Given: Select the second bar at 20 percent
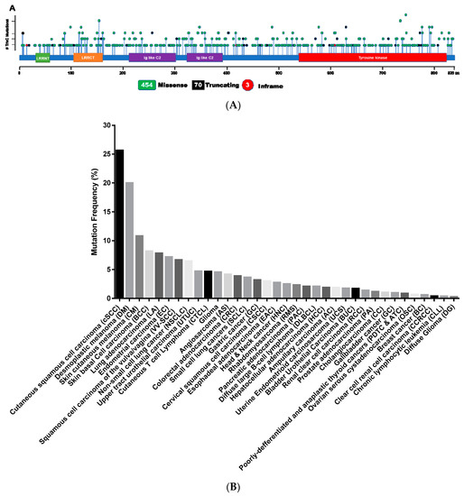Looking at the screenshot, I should coord(130,240).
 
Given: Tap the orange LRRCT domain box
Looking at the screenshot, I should coord(88,57).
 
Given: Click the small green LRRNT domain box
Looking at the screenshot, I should coord(42,57).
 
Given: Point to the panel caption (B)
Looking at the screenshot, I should coord(234,485).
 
